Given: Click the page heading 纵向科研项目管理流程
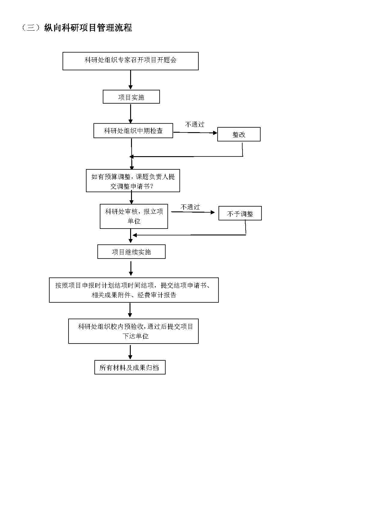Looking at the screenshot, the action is click(x=88, y=28).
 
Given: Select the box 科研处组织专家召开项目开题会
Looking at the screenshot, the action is click(x=130, y=61).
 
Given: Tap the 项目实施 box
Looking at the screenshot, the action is click(x=131, y=97).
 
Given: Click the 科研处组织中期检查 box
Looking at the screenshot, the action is click(x=133, y=131).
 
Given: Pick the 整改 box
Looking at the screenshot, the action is click(x=239, y=134).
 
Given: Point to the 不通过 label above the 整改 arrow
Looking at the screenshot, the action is click(x=195, y=124).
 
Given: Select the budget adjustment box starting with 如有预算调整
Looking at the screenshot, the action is click(x=133, y=180).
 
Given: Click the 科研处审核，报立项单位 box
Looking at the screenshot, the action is click(x=134, y=216).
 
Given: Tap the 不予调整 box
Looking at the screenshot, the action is click(x=240, y=213).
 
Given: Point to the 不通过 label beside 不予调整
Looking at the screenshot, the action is click(x=190, y=207).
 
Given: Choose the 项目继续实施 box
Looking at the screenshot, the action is click(x=131, y=252).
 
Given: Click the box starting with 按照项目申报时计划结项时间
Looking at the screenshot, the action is click(x=134, y=290).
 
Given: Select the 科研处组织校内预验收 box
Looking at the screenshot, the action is click(x=133, y=331).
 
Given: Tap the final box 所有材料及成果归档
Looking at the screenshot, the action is click(x=130, y=367).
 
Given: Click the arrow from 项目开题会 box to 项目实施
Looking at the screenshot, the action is click(x=130, y=80).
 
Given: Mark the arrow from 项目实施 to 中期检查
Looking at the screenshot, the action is click(x=130, y=114).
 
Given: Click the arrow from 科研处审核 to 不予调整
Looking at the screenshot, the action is click(x=193, y=212).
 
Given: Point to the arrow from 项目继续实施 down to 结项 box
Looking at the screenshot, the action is click(x=131, y=268).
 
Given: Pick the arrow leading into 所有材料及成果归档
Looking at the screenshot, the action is click(x=130, y=352).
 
